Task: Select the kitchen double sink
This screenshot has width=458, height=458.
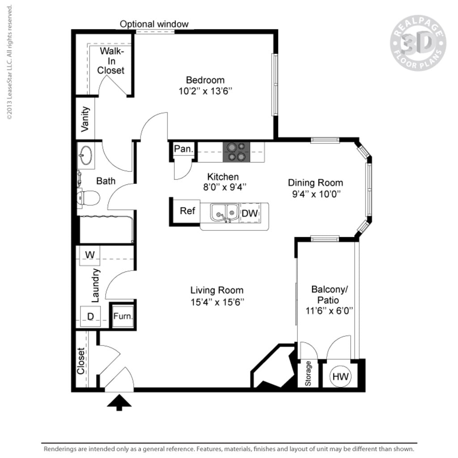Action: pos(225,213)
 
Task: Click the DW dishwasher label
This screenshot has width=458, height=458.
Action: pos(250,213)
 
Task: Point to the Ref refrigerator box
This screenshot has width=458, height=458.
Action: pos(187,211)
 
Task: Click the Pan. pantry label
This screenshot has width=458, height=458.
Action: pos(182,149)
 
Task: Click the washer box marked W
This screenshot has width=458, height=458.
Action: pos(90,255)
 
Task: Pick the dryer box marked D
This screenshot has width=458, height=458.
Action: pos(90,317)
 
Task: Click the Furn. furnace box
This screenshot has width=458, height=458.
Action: pos(123,316)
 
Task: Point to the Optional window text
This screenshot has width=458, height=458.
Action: pos(154,24)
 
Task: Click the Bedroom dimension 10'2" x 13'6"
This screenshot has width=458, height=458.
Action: pos(205,91)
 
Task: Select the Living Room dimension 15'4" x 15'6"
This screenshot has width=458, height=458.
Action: pos(217,301)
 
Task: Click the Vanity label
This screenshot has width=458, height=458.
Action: pos(85,119)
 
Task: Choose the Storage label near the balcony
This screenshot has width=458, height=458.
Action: pos(308,374)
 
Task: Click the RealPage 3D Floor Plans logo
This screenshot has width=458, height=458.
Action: pos(418,43)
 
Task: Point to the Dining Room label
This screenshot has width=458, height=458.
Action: pos(315,182)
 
